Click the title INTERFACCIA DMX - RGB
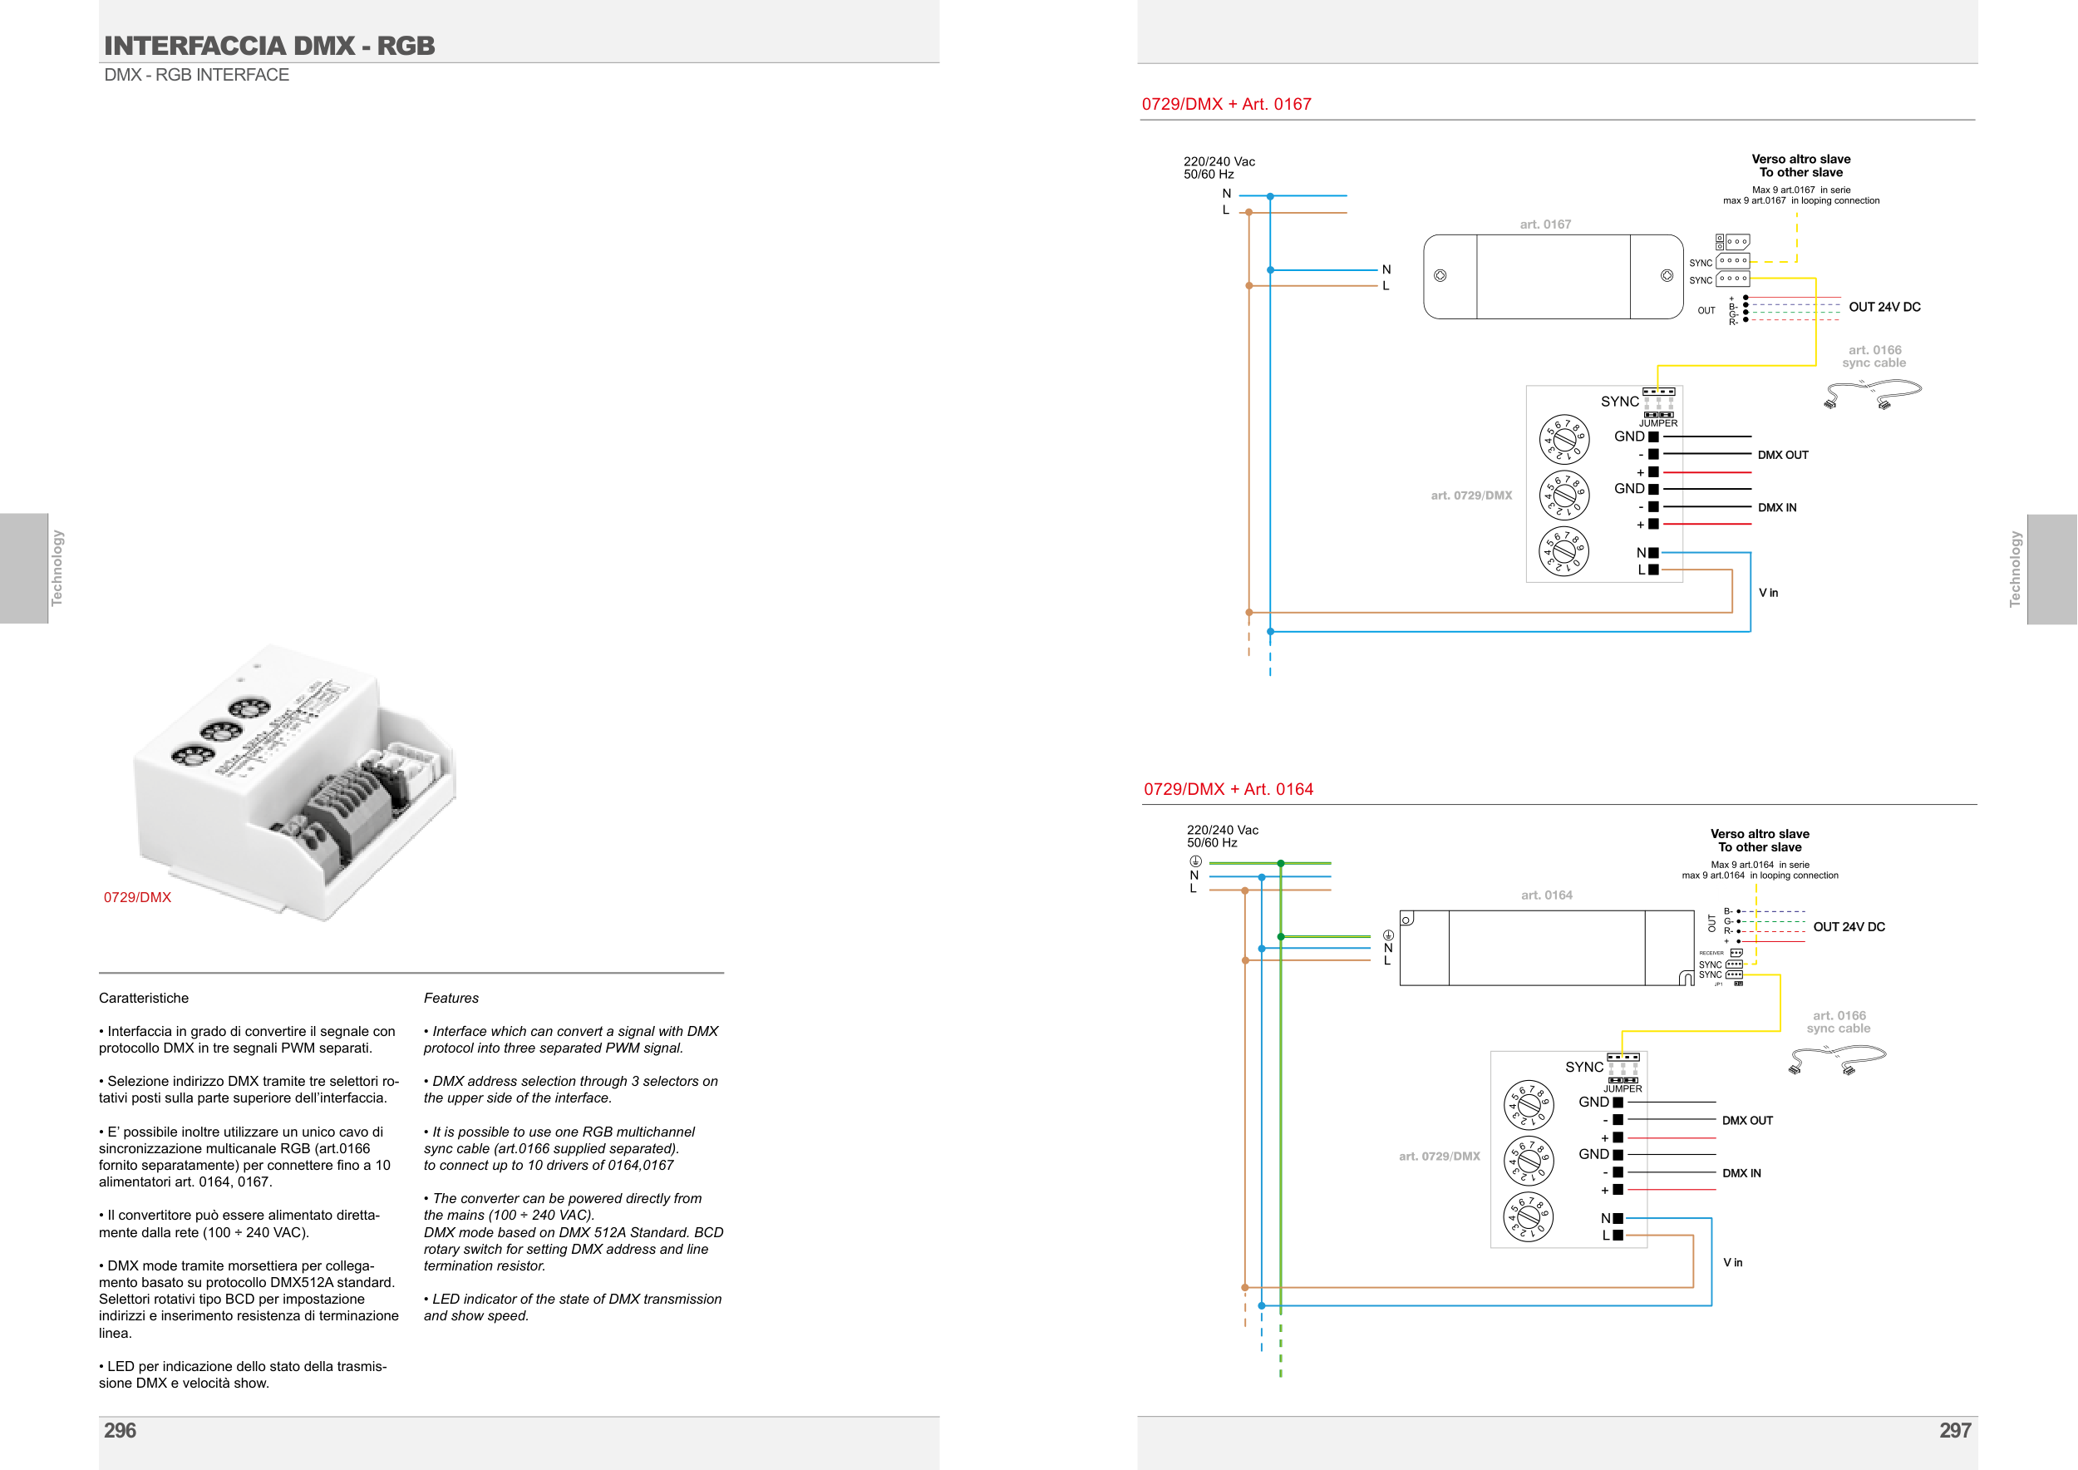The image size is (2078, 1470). [269, 45]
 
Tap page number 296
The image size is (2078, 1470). [120, 1430]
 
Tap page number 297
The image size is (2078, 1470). [1954, 1430]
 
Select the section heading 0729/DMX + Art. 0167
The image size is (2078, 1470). [1226, 104]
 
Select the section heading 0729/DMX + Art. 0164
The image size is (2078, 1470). [1229, 789]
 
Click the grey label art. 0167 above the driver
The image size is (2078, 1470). [1545, 224]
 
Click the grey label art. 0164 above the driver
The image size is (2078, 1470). [1546, 895]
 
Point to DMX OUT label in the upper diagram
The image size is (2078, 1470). [1782, 456]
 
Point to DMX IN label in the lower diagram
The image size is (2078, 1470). [1741, 1173]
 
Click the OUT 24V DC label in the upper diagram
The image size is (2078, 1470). [1884, 307]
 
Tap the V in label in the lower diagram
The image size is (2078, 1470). [1732, 1263]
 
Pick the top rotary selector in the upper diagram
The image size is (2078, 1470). [1564, 439]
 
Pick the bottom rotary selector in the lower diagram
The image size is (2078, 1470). [1528, 1216]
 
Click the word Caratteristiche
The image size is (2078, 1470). [144, 999]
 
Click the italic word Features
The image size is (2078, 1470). [451, 999]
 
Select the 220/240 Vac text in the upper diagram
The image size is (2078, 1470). [1219, 162]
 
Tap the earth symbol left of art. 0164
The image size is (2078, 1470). [1387, 935]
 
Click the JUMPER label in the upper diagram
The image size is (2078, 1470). [1658, 423]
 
